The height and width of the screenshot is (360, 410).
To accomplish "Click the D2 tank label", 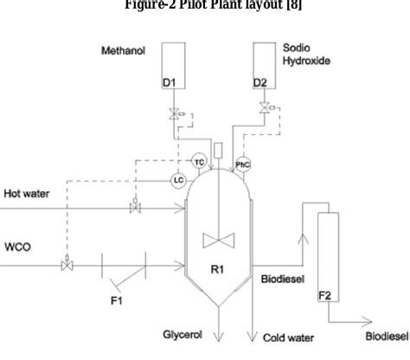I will coord(259,82).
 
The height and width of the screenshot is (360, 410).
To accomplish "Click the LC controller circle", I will coord(177,179).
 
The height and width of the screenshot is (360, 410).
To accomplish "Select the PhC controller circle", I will coord(245,163).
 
